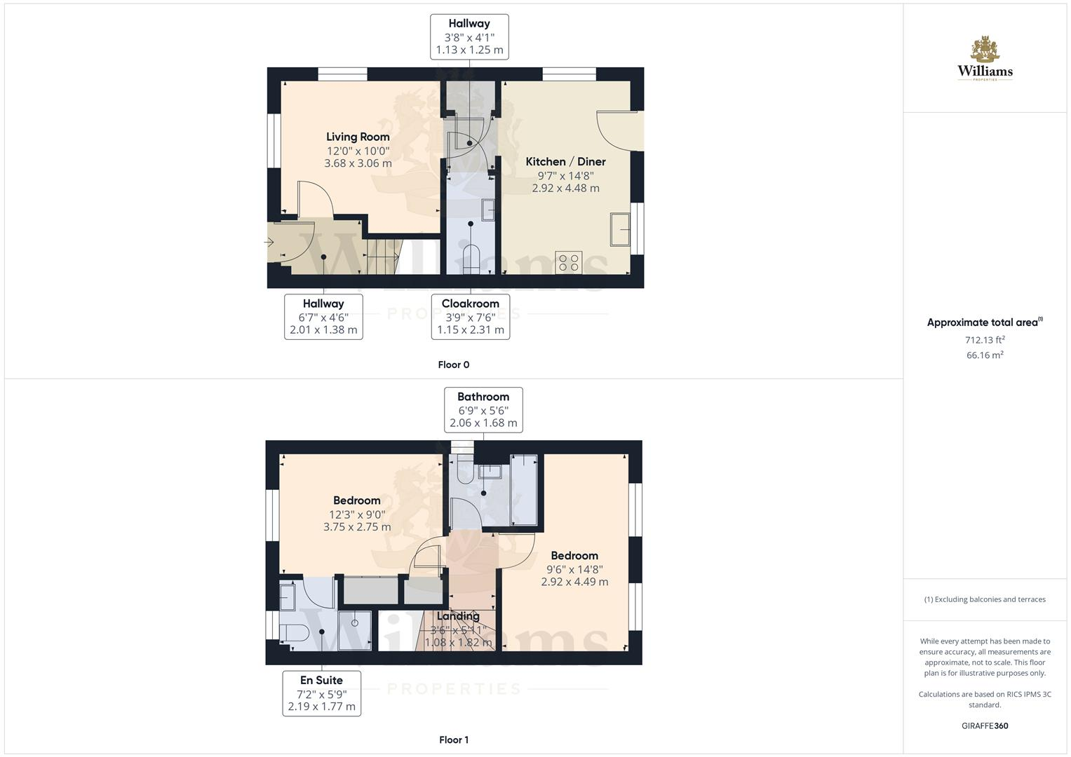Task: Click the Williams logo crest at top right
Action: [985, 50]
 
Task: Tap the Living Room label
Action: [358, 137]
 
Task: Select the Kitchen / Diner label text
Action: [565, 161]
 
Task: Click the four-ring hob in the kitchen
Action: [568, 263]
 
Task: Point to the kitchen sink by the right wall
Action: [620, 229]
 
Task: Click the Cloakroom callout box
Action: [470, 317]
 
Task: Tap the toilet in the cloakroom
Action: [471, 259]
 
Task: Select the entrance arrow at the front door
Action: [269, 243]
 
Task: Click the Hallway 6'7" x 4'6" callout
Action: [323, 317]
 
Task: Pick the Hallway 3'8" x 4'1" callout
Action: [469, 36]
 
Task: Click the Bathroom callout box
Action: [483, 409]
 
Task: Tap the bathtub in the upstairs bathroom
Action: [524, 490]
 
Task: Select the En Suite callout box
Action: [321, 693]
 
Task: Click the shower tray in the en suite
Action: [356, 630]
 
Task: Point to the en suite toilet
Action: [293, 632]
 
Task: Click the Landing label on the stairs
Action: [457, 616]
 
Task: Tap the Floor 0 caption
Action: [454, 364]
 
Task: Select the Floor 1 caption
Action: [454, 739]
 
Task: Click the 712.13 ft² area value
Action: [985, 340]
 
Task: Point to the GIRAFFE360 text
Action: [985, 725]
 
